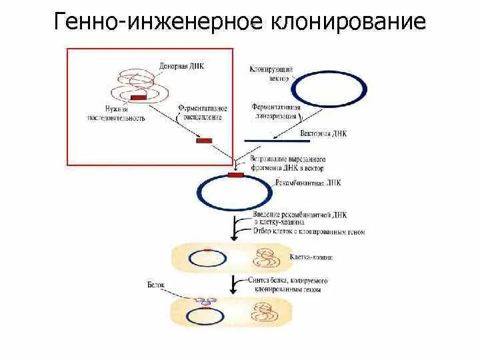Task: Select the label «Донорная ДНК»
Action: (x=180, y=67)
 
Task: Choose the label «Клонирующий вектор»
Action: (x=269, y=73)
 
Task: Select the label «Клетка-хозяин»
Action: (x=311, y=257)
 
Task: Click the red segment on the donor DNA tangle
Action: (x=139, y=98)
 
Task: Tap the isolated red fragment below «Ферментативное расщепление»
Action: (x=204, y=141)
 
